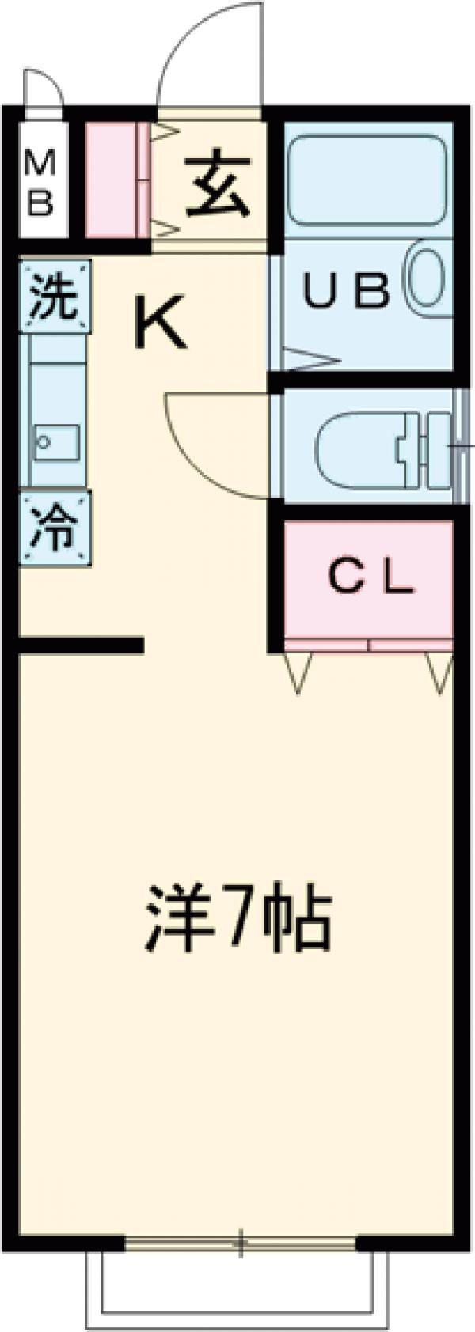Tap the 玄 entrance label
[x=217, y=186]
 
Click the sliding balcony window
[x=241, y=1243]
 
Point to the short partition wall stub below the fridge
[x=79, y=645]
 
